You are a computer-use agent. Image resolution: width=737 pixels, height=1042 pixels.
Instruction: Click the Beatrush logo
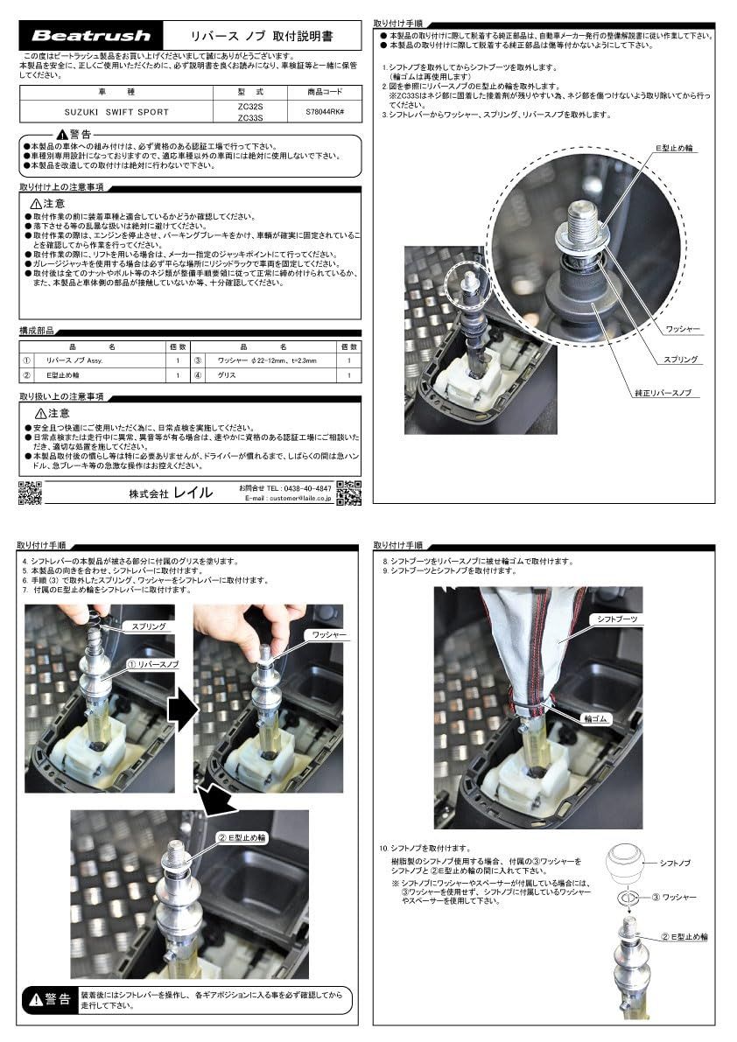(92, 36)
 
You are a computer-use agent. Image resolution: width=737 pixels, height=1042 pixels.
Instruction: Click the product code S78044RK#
(325, 112)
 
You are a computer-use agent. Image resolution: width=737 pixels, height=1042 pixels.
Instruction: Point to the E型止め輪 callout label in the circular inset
(677, 150)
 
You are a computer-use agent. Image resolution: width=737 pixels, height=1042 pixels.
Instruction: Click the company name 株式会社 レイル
(170, 493)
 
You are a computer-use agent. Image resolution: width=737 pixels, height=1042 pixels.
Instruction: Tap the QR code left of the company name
(30, 493)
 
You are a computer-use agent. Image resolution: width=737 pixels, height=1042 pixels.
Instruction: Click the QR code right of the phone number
(348, 493)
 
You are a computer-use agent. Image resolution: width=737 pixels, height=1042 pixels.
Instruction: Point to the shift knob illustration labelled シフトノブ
(627, 864)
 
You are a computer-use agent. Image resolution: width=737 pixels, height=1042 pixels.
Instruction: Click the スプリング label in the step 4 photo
(146, 627)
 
